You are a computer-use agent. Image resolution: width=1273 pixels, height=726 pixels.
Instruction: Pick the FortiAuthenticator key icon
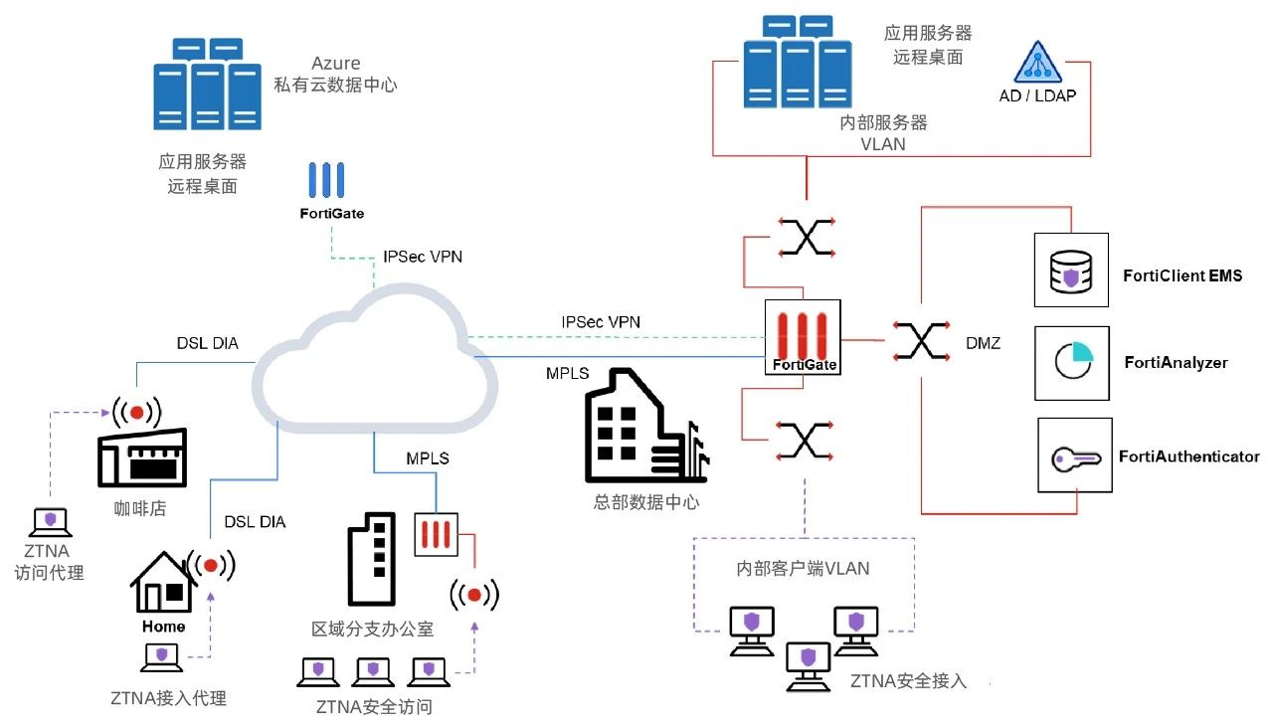point(1075,456)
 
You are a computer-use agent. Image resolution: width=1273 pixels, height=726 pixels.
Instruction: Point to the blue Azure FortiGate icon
point(325,180)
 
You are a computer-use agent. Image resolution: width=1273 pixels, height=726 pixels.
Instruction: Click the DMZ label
point(983,343)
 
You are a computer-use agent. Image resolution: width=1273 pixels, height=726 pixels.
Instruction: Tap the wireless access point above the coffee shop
point(137,412)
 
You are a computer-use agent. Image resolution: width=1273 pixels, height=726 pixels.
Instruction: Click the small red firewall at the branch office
point(436,533)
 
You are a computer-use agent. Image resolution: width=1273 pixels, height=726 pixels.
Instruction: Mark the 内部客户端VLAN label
point(803,569)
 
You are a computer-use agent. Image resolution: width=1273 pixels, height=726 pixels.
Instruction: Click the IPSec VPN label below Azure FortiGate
point(423,257)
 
